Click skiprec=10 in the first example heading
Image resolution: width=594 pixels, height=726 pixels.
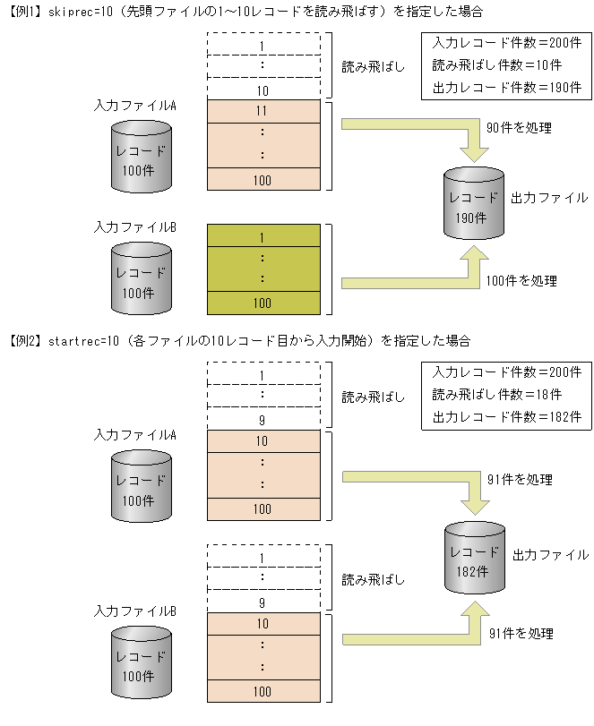(74, 12)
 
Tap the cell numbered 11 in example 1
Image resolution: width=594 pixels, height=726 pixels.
(263, 111)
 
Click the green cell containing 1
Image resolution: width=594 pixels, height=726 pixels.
(263, 236)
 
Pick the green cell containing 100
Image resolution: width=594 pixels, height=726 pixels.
(263, 303)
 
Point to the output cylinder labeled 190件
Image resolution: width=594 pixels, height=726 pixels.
(474, 204)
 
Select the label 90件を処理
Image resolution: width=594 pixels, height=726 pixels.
(519, 128)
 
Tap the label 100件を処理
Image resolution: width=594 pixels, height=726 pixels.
(521, 281)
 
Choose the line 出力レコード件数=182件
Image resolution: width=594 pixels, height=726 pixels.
(506, 416)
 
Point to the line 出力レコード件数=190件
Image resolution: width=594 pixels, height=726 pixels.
(506, 88)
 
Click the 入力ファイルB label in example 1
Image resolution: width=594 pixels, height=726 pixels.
(134, 227)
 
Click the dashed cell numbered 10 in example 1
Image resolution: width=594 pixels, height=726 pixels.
(263, 90)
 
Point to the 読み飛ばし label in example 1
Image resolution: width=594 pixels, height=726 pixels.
(374, 67)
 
